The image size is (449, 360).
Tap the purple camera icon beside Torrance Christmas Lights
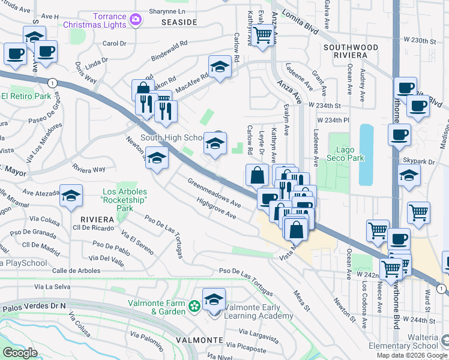(x=136, y=20)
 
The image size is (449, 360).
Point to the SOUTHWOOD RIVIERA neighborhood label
(x=351, y=51)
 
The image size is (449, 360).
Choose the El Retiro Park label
(x=25, y=96)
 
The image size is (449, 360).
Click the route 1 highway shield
(x=53, y=82)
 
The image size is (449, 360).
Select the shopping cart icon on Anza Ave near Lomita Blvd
(x=262, y=35)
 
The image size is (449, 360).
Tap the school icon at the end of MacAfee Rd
(x=220, y=67)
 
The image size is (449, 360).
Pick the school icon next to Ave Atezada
(x=71, y=196)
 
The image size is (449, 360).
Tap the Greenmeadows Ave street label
(x=214, y=193)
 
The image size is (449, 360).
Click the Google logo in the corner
(x=20, y=353)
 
